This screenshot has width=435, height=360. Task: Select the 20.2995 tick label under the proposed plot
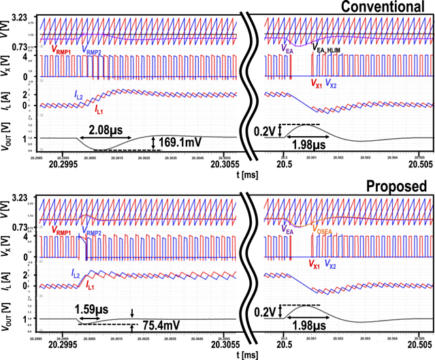pyautogui.click(x=68, y=344)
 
